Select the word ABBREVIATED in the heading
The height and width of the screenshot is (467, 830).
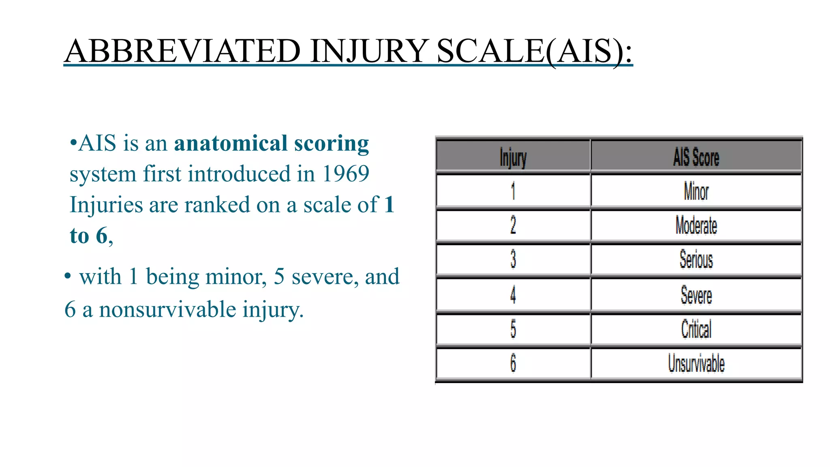tap(182, 51)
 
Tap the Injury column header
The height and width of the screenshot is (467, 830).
tap(513, 157)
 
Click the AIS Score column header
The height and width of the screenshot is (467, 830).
tap(696, 157)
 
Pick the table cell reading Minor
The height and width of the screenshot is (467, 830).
tap(696, 191)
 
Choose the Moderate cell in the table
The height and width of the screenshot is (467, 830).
tap(696, 225)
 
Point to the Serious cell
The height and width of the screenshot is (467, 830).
tap(696, 259)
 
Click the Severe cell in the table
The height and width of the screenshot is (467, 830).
tap(696, 295)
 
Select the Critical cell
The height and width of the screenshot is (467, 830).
tap(696, 329)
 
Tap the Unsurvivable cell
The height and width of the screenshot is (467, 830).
tap(696, 363)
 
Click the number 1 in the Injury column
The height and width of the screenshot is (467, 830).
tap(513, 191)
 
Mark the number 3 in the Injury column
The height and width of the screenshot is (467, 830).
tap(513, 259)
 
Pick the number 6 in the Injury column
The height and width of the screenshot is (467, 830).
tap(513, 363)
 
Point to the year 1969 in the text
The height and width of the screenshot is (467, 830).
tap(345, 174)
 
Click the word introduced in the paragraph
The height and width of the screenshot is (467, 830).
tap(239, 174)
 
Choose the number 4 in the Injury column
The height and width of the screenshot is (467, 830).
tap(513, 295)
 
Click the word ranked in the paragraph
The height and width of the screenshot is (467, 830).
tap(217, 205)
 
